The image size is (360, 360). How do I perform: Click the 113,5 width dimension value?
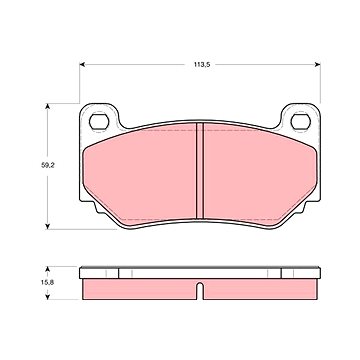202,65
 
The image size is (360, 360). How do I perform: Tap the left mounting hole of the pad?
99,121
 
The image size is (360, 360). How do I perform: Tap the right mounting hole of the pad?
301,121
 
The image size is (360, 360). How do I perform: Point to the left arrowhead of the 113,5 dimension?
83,65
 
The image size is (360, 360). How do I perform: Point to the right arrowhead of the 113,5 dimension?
317,65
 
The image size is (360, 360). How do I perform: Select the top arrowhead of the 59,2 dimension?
48,106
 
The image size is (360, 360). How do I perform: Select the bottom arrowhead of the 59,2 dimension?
48,226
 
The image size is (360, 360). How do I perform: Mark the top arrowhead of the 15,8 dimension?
48,269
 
